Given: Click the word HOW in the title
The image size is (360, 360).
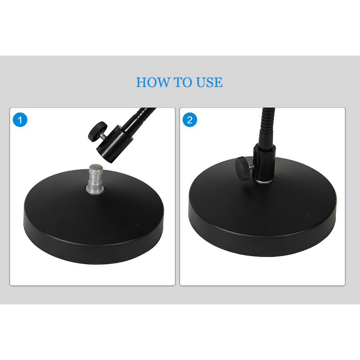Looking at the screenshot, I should click(152, 82).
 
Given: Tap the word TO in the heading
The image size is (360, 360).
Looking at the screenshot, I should click(182, 82).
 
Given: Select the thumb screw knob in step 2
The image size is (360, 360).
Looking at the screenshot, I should click(242, 165).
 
